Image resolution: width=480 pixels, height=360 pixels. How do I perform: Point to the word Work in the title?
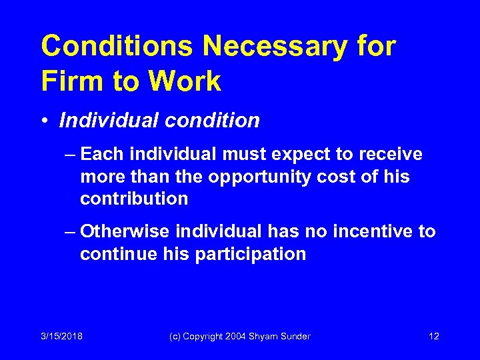coord(185,81)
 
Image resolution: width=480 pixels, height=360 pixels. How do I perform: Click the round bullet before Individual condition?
coord(45,121)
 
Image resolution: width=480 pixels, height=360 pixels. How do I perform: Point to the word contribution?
coord(134,199)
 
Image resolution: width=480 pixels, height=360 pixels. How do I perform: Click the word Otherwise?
coord(125,231)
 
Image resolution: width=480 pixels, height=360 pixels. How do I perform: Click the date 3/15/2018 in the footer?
coord(62,337)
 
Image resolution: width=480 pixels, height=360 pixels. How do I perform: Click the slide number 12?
coord(434,337)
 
